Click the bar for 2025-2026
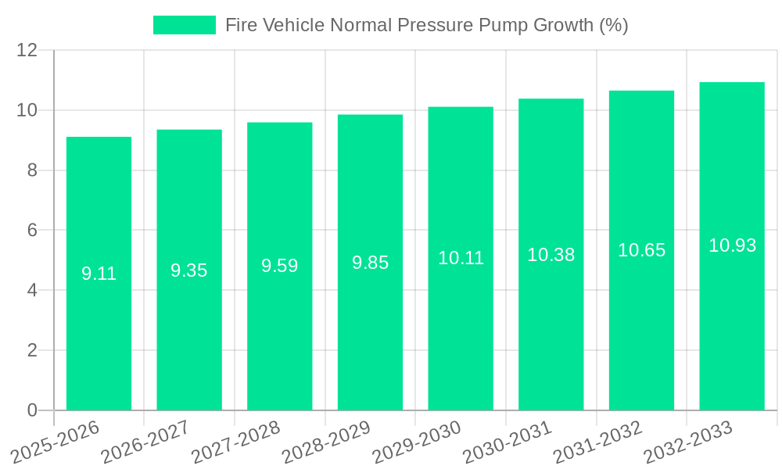(x=99, y=274)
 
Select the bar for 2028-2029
(x=370, y=263)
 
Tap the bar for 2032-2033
(x=732, y=246)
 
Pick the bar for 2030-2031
(x=551, y=254)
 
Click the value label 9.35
(x=189, y=270)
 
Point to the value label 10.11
(x=461, y=258)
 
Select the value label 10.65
(x=641, y=250)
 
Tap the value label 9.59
(x=279, y=266)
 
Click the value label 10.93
(x=732, y=245)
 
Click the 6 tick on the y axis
(x=32, y=231)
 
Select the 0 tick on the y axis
(x=32, y=410)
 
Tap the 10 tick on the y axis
(x=27, y=110)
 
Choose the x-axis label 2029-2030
(x=417, y=442)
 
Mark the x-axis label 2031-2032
(x=598, y=442)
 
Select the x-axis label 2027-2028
(x=236, y=442)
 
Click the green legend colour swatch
(x=184, y=25)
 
